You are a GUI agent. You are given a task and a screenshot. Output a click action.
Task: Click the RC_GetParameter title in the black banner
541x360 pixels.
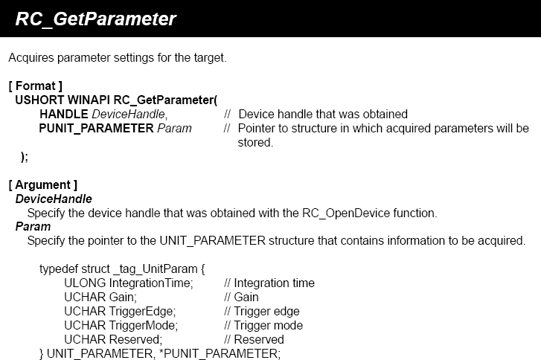coord(96,19)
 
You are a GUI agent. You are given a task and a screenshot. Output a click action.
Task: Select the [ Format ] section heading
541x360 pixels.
coord(36,86)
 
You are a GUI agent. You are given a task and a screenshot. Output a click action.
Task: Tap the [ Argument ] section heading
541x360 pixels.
coord(42,184)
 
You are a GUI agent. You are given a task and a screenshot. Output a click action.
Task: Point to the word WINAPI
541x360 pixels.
coord(89,100)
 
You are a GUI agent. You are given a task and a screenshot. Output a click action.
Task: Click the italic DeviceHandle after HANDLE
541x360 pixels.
coord(129,114)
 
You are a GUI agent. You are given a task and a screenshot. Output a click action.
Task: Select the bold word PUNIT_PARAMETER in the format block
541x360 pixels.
coord(96,129)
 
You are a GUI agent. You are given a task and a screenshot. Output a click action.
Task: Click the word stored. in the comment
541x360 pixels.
coord(255,142)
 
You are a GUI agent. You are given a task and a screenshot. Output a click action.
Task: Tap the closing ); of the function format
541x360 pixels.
coord(25,157)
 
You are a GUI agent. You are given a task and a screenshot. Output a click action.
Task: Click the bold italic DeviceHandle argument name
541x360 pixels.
coord(54,199)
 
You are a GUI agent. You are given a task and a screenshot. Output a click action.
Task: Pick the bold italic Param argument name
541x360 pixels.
coord(33,227)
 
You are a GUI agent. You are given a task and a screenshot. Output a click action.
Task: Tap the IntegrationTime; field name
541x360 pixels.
coord(151,283)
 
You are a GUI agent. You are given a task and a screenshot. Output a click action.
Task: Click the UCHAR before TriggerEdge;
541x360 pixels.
coord(85,312)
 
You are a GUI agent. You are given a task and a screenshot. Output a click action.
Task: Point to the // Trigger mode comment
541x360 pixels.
coord(263,326)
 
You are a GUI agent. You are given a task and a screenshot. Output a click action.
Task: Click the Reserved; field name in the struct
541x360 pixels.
coord(135,340)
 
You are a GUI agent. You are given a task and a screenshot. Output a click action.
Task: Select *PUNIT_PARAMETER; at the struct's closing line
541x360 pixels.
coord(220,354)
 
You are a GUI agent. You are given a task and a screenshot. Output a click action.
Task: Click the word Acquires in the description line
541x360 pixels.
coord(31,57)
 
